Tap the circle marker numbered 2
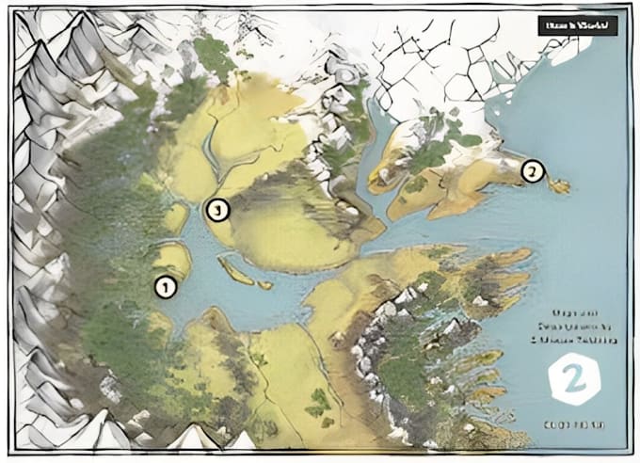pos(532,171)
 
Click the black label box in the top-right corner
pos(577,26)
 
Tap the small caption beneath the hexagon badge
pos(570,425)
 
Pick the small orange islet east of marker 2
pos(560,185)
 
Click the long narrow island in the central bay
pos(236,274)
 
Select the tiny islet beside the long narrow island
pos(265,284)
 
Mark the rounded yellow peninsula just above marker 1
pos(172,259)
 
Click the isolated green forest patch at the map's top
pos(216,56)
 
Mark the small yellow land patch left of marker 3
pos(176,218)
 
